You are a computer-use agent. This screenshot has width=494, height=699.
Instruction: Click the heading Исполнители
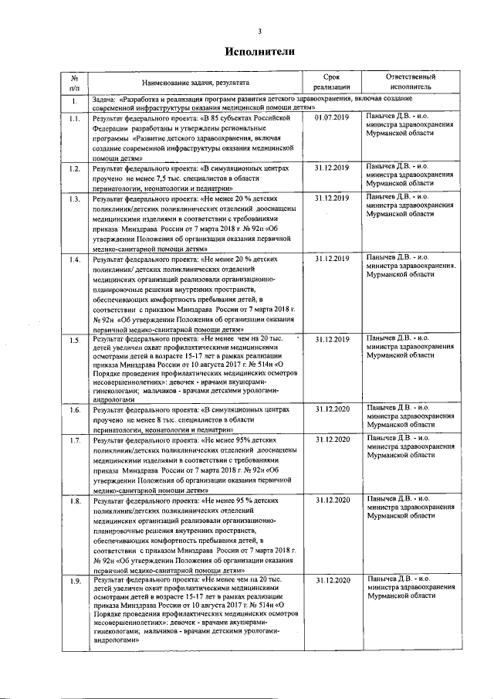[x=259, y=52]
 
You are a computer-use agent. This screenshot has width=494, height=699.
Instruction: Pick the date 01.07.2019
[x=333, y=118]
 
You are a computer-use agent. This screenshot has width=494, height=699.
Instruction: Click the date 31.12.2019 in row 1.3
[x=333, y=199]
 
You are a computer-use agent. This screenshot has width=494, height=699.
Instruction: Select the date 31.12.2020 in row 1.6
[x=333, y=409]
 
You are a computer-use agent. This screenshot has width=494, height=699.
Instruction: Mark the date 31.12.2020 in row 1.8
[x=333, y=500]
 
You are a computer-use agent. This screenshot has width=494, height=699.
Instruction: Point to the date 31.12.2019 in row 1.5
[x=333, y=339]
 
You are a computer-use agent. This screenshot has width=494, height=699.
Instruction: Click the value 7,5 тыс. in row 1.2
[x=167, y=178]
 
